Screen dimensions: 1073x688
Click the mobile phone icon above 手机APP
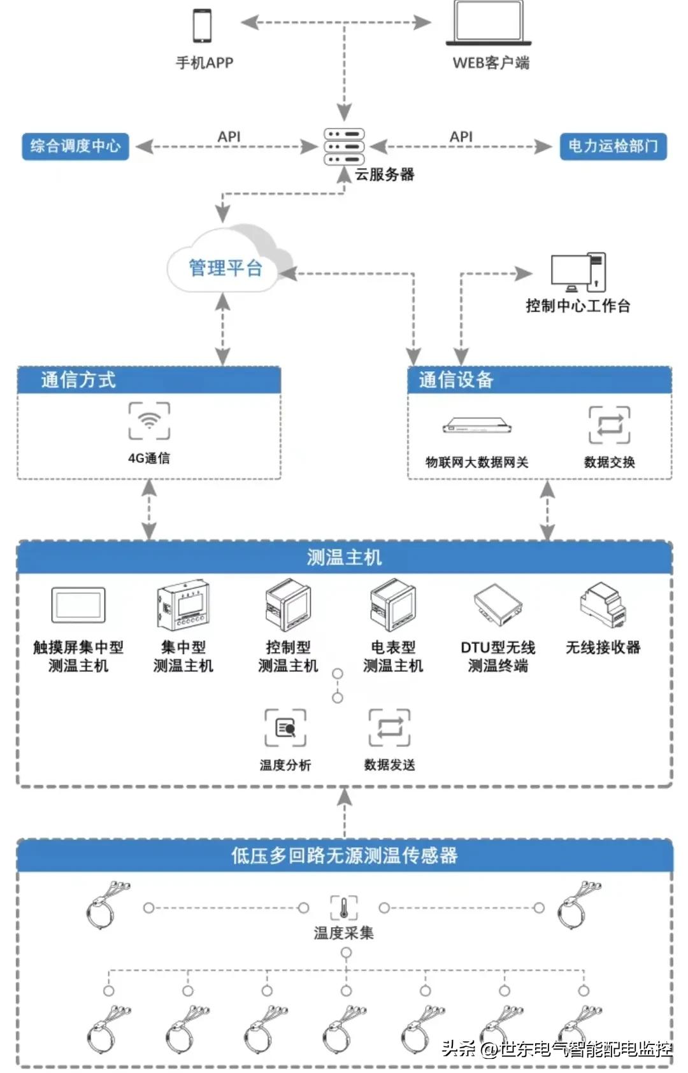coord(203,26)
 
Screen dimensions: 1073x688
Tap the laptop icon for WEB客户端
coord(489,24)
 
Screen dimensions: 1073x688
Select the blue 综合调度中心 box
coord(75,146)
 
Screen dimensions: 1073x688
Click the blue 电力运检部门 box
coord(613,146)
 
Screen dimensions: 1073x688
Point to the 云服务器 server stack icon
coord(344,146)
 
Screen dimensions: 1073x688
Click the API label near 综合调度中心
coord(229,136)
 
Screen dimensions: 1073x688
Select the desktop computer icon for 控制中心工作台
coord(578,273)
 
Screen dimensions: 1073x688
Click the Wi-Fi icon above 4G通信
coord(149,421)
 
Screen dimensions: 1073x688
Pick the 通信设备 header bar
coord(539,380)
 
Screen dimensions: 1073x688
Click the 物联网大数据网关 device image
coord(477,426)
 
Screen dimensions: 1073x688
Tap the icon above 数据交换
coord(609,425)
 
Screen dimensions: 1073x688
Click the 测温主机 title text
coord(344,558)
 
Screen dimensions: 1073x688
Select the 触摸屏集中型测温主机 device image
coord(78,606)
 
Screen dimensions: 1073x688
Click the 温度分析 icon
coord(285,728)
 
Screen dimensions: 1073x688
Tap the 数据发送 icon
coord(389,728)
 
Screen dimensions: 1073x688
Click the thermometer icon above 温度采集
coord(344,907)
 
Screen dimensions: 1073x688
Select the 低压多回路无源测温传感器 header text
coord(344,855)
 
